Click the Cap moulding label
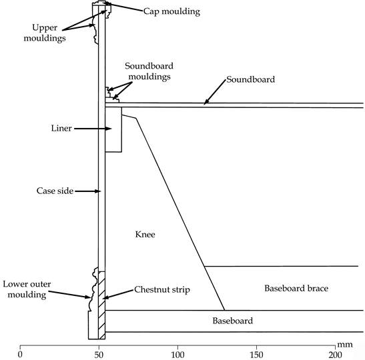(171, 11)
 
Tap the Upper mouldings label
(45, 33)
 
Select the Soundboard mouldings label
(149, 71)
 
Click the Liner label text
(61, 129)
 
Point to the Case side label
(55, 191)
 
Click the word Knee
(145, 234)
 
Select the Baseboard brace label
(296, 289)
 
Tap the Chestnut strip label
(162, 289)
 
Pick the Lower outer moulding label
(27, 289)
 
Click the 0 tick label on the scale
(20, 355)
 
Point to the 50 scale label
(99, 355)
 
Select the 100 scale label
(177, 355)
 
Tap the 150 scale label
(256, 355)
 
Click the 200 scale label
(335, 355)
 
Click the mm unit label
(345, 345)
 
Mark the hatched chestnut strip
(101, 305)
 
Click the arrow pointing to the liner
(93, 129)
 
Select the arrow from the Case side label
(88, 191)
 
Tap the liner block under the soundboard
(113, 130)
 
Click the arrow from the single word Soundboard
(215, 92)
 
